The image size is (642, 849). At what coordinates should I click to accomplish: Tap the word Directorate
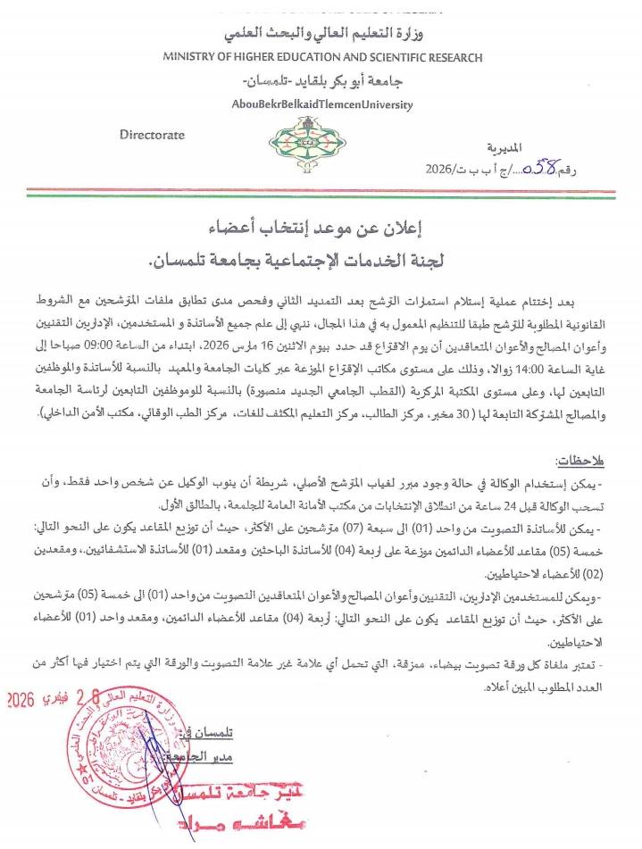pos(152,135)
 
